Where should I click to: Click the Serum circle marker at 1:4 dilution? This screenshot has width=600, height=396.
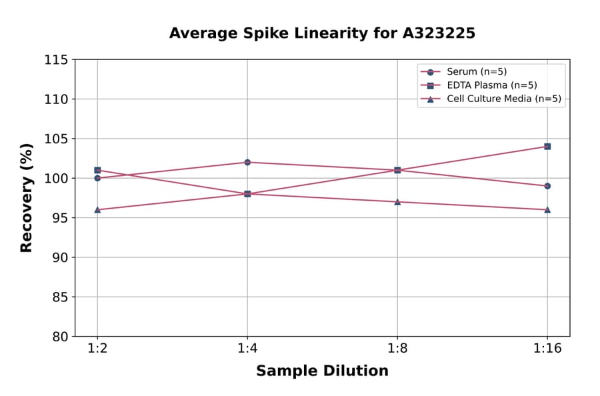247,162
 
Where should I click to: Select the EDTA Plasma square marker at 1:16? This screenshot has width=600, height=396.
547,146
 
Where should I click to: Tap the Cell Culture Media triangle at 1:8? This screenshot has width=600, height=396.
397,201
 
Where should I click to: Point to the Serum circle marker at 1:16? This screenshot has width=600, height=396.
547,186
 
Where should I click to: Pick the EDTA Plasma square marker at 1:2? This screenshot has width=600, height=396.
97,170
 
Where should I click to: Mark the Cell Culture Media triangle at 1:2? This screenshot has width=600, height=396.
97,209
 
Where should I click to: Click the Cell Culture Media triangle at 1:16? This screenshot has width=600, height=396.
547,209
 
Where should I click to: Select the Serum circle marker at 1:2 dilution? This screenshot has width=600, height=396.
97,178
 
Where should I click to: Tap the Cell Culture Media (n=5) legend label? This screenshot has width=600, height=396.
503,99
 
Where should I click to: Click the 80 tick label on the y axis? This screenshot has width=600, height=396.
59,337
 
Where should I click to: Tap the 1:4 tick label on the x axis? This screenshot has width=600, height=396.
247,349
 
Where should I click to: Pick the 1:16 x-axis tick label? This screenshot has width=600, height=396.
547,349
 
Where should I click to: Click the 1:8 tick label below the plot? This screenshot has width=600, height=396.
397,349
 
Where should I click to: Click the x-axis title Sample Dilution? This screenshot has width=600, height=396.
322,371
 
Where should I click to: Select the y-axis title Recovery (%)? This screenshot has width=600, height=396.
27,198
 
